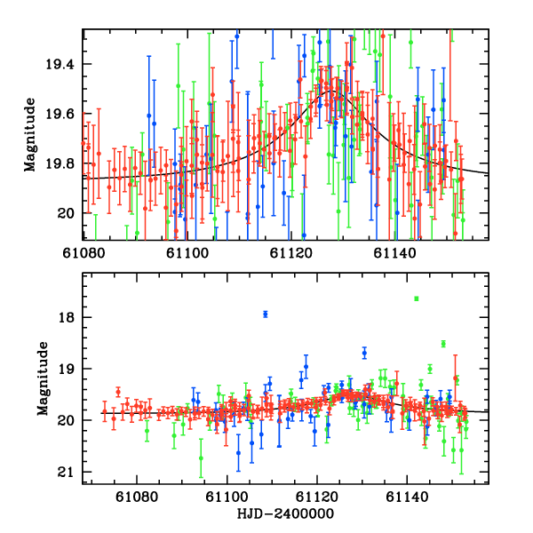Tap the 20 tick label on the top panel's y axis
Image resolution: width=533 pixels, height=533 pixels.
click(x=68, y=213)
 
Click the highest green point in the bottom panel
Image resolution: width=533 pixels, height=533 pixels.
click(x=416, y=298)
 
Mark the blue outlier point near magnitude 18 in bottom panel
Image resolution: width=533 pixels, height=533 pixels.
click(x=266, y=314)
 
